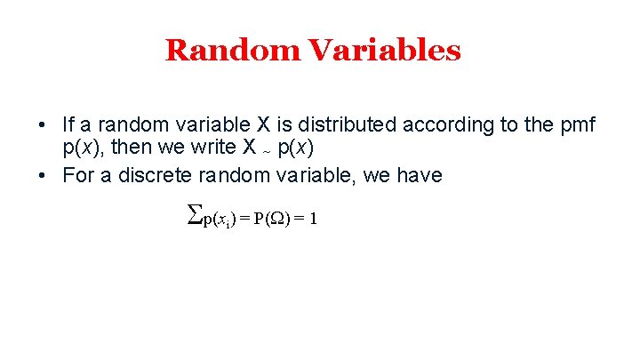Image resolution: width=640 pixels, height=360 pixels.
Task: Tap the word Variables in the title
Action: coord(385,50)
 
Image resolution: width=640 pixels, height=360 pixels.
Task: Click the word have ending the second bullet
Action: coord(420,175)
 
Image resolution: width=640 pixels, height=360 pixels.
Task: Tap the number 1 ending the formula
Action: coord(313,219)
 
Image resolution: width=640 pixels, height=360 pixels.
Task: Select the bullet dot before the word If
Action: coord(43,124)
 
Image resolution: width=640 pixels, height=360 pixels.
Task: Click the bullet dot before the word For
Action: coord(43,176)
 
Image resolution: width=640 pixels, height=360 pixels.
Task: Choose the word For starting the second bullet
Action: coord(78,175)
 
